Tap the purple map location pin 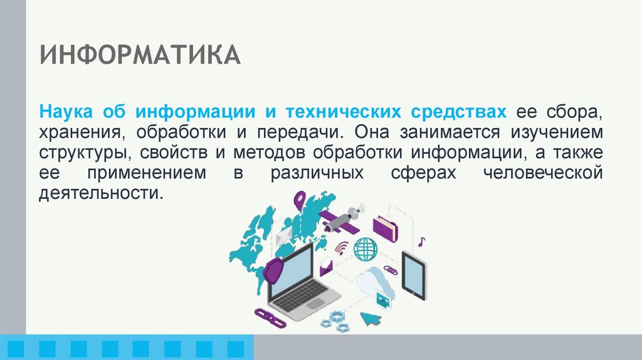tap(300, 202)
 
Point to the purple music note tap(422, 241)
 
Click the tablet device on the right tap(413, 275)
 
